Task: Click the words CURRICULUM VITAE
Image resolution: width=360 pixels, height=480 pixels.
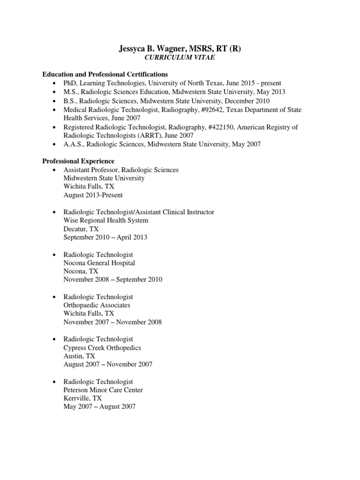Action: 180,58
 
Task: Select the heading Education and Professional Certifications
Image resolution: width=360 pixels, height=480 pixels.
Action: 105,75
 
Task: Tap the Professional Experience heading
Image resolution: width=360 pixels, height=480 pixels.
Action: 78,161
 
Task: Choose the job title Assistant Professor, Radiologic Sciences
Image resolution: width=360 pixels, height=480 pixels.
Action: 121,170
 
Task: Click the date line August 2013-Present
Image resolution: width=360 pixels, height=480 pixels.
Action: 93,195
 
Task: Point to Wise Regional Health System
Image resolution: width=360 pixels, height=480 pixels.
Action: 106,220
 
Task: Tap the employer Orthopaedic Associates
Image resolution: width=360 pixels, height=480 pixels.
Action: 97,305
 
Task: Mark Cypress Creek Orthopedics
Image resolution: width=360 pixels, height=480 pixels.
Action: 102,347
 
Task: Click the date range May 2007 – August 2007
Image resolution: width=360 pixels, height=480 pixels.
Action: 99,406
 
